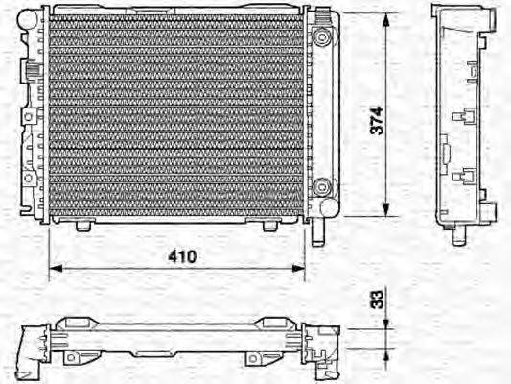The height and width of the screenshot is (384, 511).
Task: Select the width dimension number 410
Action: [x=183, y=256]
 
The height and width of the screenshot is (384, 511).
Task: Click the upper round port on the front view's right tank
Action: [x=324, y=37]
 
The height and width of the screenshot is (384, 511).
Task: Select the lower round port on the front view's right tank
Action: [x=324, y=187]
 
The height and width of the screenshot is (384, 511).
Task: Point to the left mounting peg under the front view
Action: [x=84, y=227]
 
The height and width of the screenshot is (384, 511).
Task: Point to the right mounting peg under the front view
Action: [x=269, y=227]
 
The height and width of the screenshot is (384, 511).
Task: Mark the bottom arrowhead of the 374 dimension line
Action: [x=387, y=214]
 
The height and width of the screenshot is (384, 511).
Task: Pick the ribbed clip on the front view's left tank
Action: [x=29, y=72]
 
